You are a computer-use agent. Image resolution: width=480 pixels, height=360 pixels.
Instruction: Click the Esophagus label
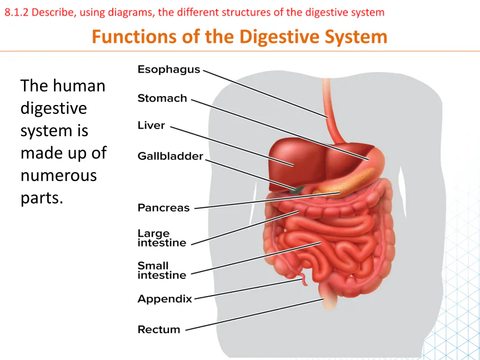tap(169, 69)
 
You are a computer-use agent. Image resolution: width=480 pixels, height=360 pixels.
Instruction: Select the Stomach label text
tap(162, 98)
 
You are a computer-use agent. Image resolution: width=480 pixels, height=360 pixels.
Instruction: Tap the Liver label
tap(151, 125)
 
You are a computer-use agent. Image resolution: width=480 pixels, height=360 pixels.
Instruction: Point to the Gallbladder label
tap(170, 156)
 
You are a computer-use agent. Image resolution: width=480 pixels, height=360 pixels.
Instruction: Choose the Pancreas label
tap(163, 208)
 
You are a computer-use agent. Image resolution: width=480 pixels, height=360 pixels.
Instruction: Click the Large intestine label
tap(162, 238)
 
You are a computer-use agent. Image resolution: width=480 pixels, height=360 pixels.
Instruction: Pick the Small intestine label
tap(162, 271)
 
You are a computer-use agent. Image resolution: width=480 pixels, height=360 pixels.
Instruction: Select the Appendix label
tap(164, 299)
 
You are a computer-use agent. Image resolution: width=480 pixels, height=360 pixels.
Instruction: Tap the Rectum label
tap(159, 329)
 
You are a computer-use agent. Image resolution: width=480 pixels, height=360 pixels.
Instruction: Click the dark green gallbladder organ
tap(296, 190)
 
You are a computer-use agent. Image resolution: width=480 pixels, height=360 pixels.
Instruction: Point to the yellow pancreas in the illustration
tap(346, 183)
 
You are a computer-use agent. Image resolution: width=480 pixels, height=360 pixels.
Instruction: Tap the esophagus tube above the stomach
tap(332, 110)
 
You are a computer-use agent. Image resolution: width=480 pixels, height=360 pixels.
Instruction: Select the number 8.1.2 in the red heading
tap(16, 13)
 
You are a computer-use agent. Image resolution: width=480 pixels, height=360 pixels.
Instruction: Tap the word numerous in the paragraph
tap(59, 176)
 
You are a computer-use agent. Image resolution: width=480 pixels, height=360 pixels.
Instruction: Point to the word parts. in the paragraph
tap(42, 198)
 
